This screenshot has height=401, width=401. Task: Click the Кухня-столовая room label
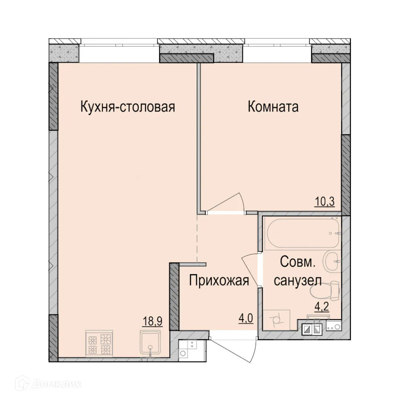click(x=128, y=107)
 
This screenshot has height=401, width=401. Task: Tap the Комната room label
click(x=273, y=107)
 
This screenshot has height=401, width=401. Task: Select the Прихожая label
click(x=219, y=280)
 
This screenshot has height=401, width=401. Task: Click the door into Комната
click(x=226, y=205)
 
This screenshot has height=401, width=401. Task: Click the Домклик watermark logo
click(x=45, y=384)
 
